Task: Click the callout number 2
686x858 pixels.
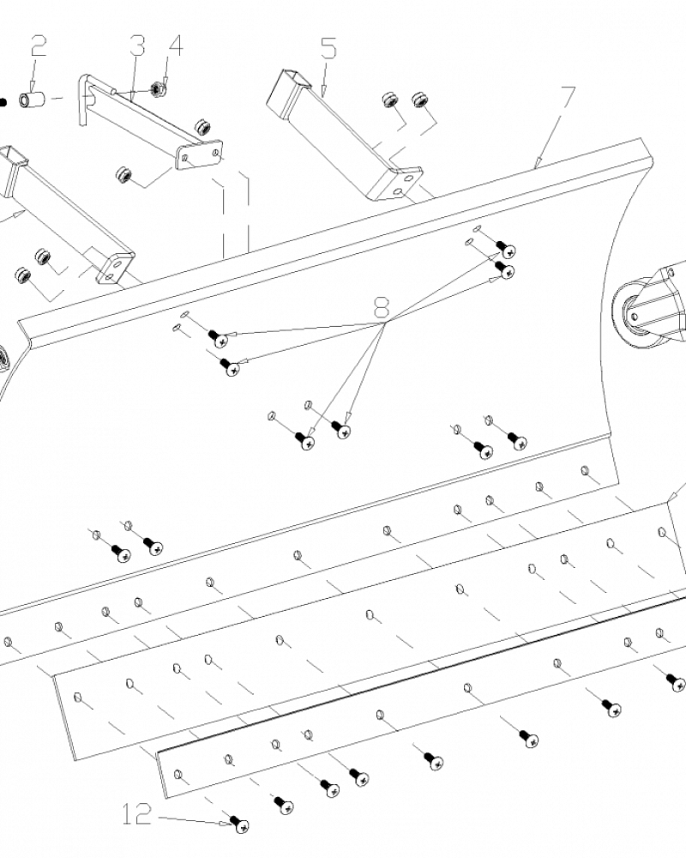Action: point(39,46)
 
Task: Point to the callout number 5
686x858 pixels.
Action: point(329,46)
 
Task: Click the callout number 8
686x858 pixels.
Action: point(382,306)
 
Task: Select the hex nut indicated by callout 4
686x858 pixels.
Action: point(158,88)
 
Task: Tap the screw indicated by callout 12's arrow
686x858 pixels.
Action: point(241,825)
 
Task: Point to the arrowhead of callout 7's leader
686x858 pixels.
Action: point(536,165)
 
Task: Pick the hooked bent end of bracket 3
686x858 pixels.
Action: point(84,99)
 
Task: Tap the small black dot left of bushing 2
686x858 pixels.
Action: point(3,101)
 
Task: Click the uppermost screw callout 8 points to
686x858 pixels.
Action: point(507,251)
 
